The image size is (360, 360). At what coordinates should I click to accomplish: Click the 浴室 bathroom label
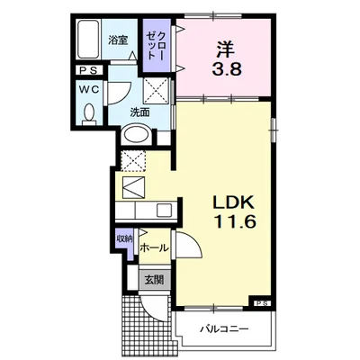pos(118,40)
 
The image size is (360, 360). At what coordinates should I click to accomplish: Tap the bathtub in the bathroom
pos(88,40)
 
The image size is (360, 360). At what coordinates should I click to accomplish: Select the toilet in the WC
pos(89,114)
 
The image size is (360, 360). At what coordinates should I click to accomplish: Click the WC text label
pos(89,89)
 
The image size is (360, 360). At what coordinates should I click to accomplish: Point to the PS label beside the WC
pos(88,70)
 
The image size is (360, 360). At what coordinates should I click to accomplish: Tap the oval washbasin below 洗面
pos(137,135)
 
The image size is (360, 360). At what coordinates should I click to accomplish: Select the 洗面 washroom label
pos(139,112)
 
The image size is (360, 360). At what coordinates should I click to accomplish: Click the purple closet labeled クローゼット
pos(157,45)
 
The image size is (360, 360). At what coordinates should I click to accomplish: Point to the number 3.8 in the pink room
pos(227,69)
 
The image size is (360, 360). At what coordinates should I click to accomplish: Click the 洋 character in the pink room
pos(226,49)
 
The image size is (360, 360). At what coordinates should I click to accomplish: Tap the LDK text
pos(234,202)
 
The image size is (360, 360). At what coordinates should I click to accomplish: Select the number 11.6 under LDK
pos(235,221)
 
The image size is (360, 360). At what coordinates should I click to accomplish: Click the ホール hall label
pos(155,248)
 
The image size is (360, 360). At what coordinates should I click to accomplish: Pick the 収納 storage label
pos(125,238)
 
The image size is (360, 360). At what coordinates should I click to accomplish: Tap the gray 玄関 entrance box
pos(154,280)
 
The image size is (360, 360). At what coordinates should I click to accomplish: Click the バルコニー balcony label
pos(225,329)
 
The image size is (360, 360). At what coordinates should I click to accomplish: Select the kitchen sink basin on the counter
pos(165,210)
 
